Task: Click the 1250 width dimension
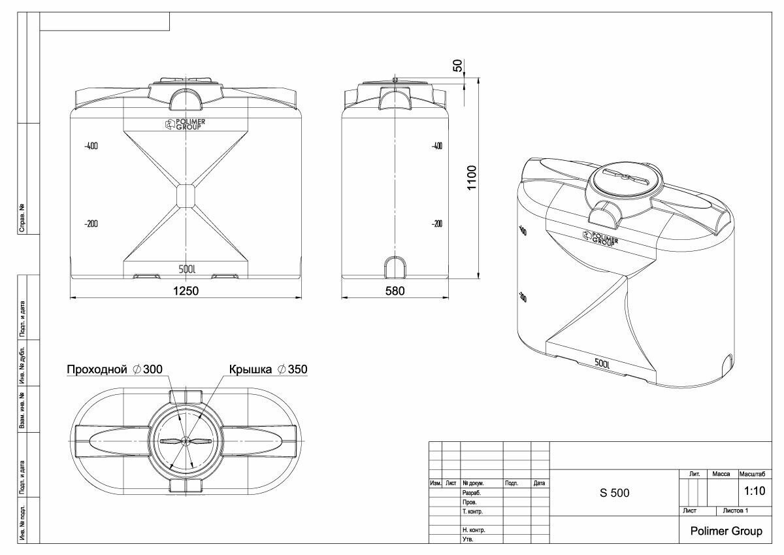[186, 290]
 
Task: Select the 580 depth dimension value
[395, 290]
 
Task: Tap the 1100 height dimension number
[472, 177]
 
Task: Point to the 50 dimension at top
[457, 65]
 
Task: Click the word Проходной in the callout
[96, 369]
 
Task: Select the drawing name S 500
[614, 493]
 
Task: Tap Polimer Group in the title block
[726, 531]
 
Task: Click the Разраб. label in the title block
[472, 492]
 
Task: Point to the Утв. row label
[468, 539]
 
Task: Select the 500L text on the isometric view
[602, 363]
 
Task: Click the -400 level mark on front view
[91, 146]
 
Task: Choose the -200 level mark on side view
[436, 224]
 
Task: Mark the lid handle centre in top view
[186, 441]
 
